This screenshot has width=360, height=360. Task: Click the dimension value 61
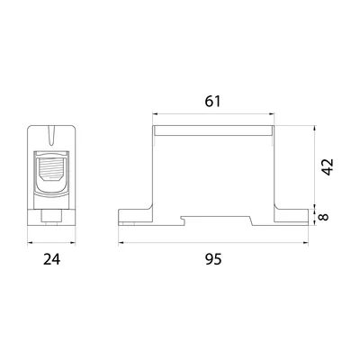click(x=212, y=102)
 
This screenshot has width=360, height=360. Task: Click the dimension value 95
click(x=213, y=259)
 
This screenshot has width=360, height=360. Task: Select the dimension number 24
click(x=51, y=259)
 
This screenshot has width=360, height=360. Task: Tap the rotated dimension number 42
click(x=328, y=166)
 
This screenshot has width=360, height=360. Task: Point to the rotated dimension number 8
click(x=324, y=217)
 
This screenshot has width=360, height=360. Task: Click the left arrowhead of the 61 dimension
click(x=155, y=113)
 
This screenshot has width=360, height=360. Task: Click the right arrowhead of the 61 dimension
click(x=272, y=113)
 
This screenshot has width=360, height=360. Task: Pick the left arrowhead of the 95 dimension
click(x=121, y=243)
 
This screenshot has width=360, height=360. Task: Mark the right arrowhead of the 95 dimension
click(x=306, y=243)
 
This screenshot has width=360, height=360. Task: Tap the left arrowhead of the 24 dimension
click(x=30, y=243)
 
